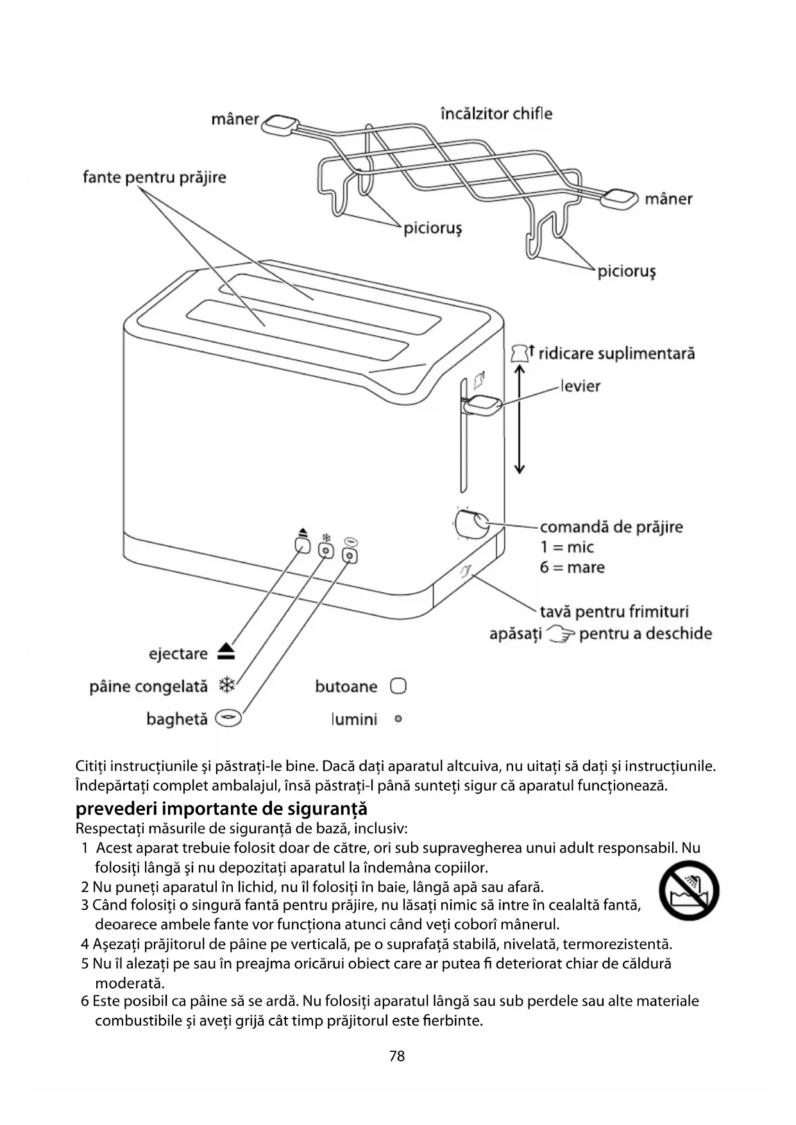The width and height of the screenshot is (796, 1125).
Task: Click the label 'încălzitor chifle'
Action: (x=496, y=114)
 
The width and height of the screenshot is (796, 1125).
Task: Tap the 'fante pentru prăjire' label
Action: (x=155, y=177)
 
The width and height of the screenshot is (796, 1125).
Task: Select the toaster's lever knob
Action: (x=484, y=405)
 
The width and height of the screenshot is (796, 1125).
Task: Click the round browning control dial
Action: (x=471, y=523)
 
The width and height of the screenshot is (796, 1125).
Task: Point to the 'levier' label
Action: (x=580, y=386)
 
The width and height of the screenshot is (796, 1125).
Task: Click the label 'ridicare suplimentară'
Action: (x=616, y=353)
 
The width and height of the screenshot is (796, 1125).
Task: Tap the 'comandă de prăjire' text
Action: (x=611, y=527)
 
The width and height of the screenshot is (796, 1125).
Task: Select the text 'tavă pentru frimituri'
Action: (x=614, y=611)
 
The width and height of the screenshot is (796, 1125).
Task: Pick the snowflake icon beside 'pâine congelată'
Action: (x=226, y=685)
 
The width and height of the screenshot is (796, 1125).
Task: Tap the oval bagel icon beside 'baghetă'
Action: (x=228, y=718)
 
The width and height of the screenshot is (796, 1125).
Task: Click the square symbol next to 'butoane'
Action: (x=398, y=686)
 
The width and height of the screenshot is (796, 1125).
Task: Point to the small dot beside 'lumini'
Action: (x=398, y=719)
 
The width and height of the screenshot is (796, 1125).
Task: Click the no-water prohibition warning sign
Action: (x=689, y=891)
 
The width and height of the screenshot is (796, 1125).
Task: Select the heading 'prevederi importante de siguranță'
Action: (x=221, y=808)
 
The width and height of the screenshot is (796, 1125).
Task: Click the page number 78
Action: (x=397, y=1056)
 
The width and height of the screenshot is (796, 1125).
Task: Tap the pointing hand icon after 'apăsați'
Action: (x=560, y=634)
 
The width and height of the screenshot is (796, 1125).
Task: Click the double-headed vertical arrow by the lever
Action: (x=520, y=420)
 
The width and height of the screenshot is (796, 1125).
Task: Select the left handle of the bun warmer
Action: (x=281, y=124)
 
